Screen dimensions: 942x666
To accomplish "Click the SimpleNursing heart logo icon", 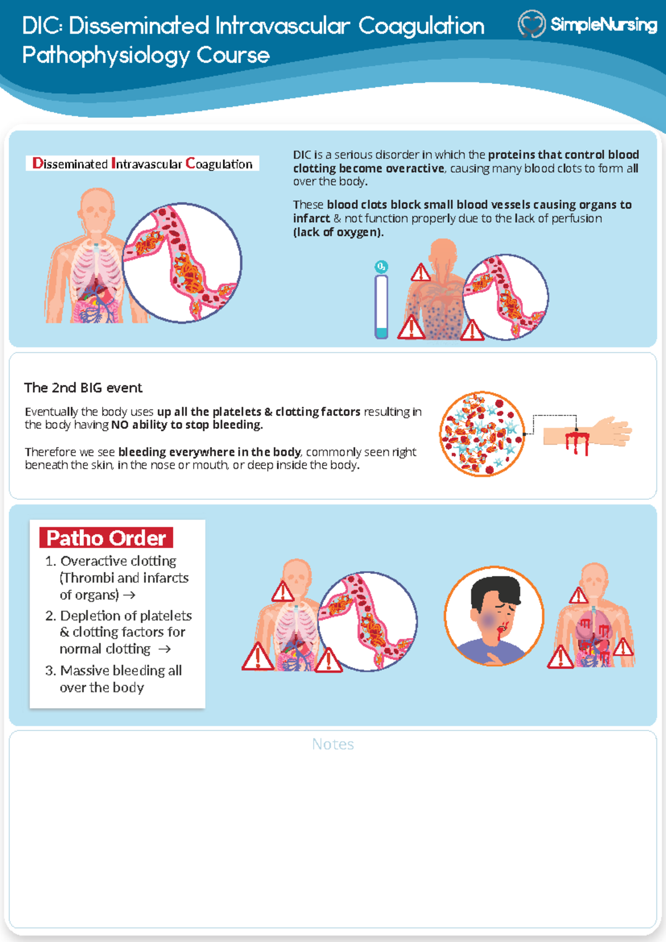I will click(x=531, y=24).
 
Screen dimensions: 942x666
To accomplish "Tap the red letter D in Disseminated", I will click(x=38, y=163).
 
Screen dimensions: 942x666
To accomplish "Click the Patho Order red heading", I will click(x=106, y=538).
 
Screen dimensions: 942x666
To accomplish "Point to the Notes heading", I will click(x=333, y=744).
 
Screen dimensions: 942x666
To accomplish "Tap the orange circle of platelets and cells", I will click(x=482, y=434).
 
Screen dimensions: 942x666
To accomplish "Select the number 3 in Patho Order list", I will click(x=50, y=670).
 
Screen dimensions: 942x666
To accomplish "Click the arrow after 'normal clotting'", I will click(x=164, y=649).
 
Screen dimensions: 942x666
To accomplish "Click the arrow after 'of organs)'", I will click(x=129, y=595).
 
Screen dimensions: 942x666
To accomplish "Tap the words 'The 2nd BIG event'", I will click(x=83, y=388).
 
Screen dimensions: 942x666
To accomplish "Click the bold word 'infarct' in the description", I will click(x=311, y=218).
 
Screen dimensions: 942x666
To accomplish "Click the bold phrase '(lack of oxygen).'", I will click(x=338, y=232).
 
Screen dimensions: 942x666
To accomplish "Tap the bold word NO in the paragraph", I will click(x=120, y=425).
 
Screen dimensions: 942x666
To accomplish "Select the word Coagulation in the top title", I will click(x=421, y=26).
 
